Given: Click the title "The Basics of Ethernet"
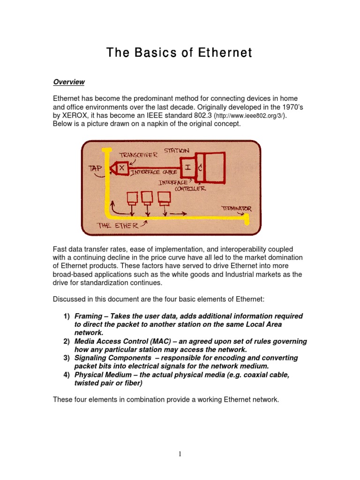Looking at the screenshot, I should (180, 53).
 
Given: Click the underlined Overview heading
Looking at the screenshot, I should (68, 82).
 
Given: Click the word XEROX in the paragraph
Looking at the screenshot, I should (76, 115).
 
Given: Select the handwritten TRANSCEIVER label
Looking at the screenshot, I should (138, 155).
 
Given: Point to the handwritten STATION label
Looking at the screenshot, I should (177, 151).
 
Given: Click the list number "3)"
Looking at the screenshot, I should (67, 358).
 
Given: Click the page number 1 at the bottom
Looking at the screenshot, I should (180, 454).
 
